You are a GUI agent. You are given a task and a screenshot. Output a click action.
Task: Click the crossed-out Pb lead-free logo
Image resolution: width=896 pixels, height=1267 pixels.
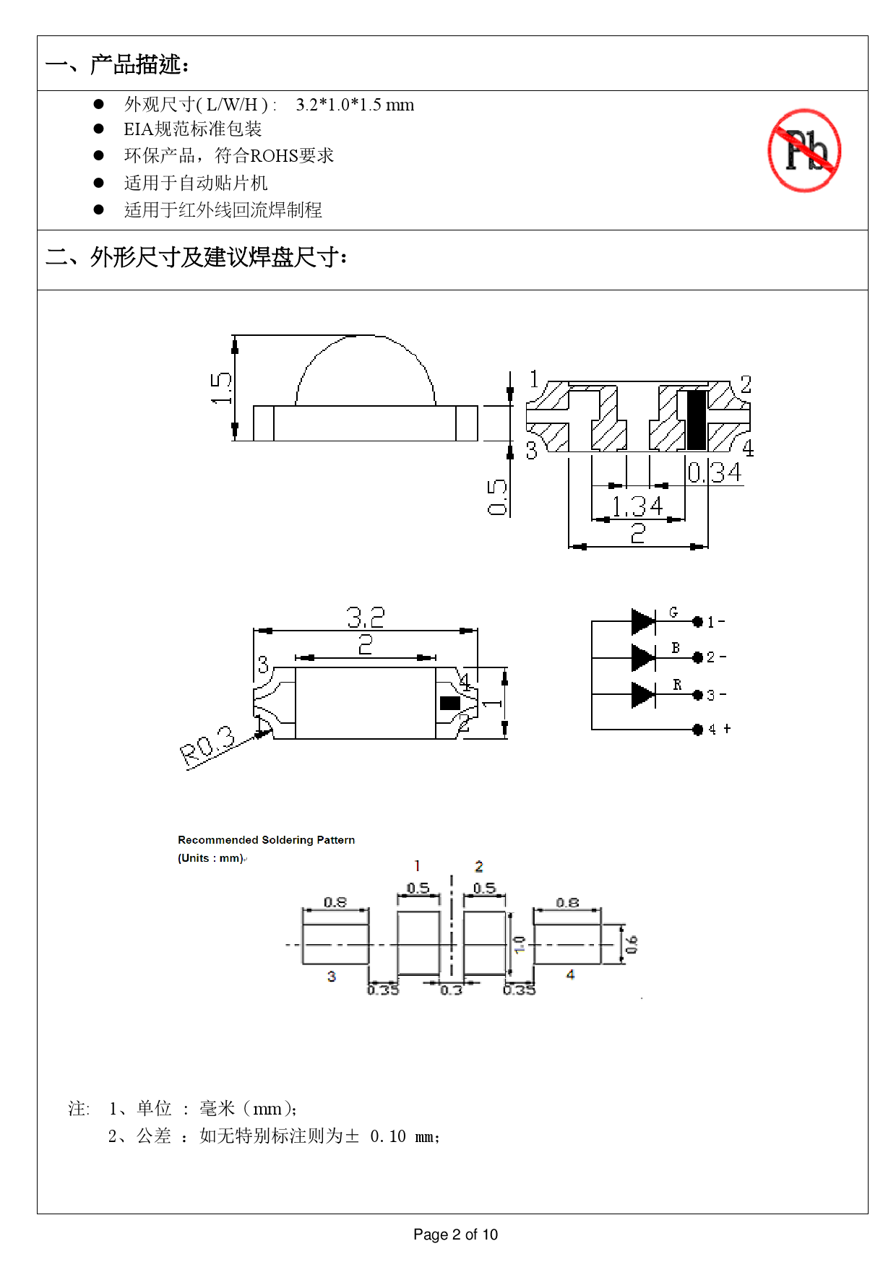point(804,150)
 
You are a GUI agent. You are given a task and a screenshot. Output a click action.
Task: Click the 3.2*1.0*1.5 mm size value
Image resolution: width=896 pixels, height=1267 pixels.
point(355,105)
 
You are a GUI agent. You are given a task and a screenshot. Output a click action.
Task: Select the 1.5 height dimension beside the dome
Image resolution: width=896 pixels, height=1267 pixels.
point(221,388)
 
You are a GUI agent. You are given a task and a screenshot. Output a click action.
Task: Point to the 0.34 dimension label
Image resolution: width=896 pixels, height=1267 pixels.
point(714,472)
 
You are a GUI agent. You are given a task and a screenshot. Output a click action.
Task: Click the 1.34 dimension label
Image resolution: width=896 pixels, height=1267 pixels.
point(637,506)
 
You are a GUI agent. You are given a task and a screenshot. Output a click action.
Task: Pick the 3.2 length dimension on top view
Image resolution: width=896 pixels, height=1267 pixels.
point(366,617)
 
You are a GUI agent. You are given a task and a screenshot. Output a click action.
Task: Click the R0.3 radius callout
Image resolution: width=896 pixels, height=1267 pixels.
point(208,745)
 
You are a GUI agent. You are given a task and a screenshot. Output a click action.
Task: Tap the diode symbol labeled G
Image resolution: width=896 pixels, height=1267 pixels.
point(642,621)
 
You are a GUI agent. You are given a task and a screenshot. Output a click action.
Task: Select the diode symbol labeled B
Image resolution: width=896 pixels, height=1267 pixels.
point(642,657)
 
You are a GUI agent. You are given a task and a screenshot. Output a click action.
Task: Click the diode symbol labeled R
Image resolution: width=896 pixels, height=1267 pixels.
point(642,695)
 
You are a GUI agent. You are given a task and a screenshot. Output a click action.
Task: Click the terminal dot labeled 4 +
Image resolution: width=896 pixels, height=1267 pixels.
point(697,730)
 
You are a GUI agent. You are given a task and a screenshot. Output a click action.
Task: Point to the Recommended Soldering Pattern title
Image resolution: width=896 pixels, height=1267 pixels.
point(266,840)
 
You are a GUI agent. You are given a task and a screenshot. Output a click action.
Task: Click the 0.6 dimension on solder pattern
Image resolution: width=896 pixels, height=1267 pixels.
point(632,943)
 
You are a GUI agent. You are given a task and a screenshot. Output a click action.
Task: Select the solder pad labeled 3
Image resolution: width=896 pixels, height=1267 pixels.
point(335,938)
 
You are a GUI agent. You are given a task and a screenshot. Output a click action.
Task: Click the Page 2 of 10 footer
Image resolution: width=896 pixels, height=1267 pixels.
point(455,1234)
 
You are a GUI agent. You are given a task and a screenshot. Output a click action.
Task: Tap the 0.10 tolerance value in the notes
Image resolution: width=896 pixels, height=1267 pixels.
point(388,1136)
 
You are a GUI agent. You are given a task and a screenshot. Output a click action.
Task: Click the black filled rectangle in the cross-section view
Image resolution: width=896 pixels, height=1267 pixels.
point(696,420)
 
